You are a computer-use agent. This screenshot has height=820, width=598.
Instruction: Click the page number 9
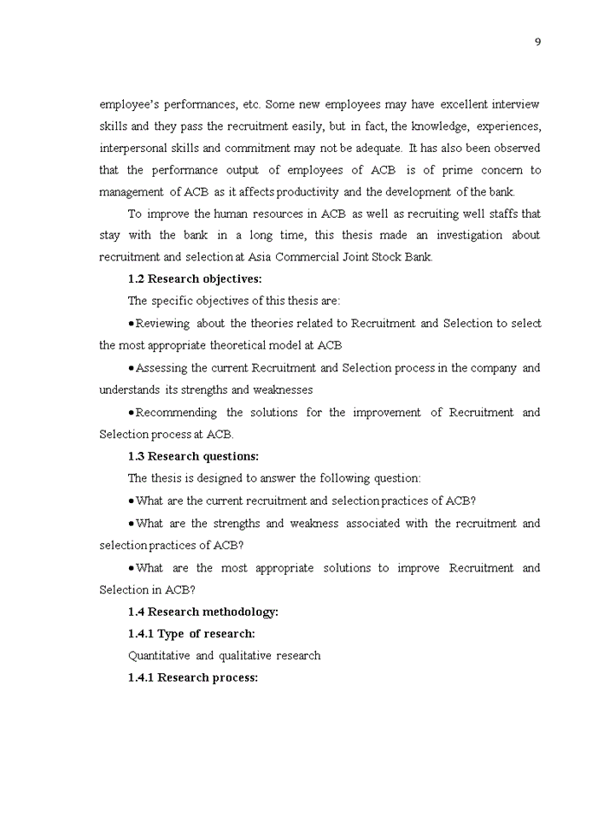click(x=537, y=43)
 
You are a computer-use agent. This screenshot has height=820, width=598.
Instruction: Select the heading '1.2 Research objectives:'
click(x=195, y=278)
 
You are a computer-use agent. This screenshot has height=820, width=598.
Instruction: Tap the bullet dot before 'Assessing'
click(x=131, y=368)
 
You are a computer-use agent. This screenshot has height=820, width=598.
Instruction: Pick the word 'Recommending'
click(x=177, y=413)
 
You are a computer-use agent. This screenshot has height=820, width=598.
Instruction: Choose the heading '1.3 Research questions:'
click(x=193, y=456)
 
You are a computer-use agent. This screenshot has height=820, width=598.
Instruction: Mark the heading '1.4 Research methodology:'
click(x=203, y=612)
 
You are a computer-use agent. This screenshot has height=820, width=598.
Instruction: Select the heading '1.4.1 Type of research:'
click(x=191, y=634)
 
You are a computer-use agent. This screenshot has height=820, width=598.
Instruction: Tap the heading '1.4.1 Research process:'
click(x=193, y=678)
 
